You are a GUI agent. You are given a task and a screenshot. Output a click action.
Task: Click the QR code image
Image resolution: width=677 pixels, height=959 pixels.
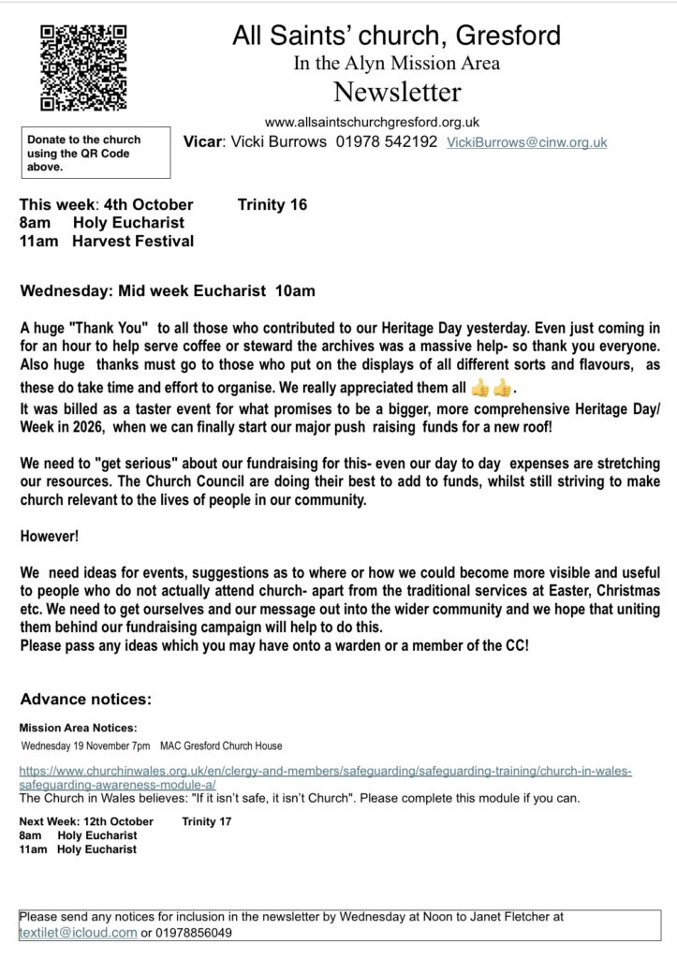(x=82, y=68)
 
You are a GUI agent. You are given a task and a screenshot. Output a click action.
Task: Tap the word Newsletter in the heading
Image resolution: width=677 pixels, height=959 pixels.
(x=397, y=93)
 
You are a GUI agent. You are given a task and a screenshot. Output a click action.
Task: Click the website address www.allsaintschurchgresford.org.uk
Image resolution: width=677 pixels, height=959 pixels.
(x=373, y=122)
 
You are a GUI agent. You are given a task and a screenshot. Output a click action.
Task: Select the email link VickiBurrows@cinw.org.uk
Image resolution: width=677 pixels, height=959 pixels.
(x=527, y=142)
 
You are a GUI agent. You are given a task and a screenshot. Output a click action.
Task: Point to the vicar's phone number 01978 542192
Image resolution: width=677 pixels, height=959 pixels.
(x=387, y=142)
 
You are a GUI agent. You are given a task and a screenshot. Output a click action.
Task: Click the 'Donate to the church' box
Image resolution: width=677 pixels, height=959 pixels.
(x=96, y=153)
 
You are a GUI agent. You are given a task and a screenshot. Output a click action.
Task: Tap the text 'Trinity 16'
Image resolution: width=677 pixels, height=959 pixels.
(x=272, y=204)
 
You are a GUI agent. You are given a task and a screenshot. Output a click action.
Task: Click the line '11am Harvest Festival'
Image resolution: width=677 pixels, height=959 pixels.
(x=107, y=241)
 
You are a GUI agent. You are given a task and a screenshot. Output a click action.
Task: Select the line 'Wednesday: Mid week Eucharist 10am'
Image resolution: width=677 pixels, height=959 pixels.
(x=168, y=291)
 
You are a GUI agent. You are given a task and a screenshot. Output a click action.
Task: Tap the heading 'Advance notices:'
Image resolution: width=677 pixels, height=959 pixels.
(x=85, y=699)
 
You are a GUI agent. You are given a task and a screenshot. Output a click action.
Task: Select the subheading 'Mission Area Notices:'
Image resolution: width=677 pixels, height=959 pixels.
(x=78, y=727)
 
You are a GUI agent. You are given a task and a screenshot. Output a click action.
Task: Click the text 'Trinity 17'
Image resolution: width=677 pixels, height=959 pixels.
(x=207, y=821)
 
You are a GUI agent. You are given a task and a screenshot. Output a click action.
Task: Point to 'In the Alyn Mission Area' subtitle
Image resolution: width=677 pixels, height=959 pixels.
(x=396, y=64)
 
